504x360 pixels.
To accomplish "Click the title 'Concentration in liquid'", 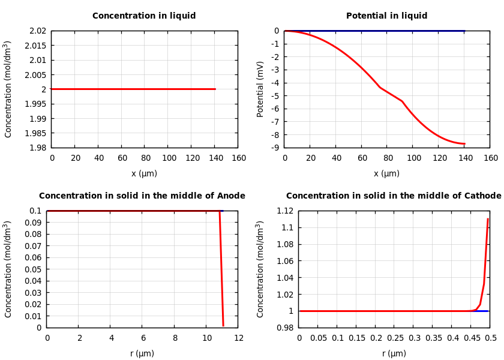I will click(x=144, y=16).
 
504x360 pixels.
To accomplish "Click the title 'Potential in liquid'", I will click(x=386, y=16).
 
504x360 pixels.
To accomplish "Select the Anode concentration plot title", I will click(x=142, y=196).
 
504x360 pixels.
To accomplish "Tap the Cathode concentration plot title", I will click(x=394, y=196).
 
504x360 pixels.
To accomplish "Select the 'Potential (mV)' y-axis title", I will click(x=260, y=89).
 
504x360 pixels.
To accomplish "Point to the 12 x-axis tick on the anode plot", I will click(x=239, y=338).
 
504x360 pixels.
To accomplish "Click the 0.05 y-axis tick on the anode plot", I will click(x=35, y=269).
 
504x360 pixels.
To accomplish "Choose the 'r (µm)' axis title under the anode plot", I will click(x=142, y=354).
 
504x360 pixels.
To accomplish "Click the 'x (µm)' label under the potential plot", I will click(x=386, y=174).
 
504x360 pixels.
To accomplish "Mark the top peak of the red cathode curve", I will click(x=487, y=219).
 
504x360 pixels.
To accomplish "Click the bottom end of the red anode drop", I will click(x=223, y=325).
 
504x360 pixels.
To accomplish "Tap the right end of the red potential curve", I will click(x=464, y=144).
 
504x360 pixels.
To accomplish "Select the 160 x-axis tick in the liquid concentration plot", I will click(x=239, y=158).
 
